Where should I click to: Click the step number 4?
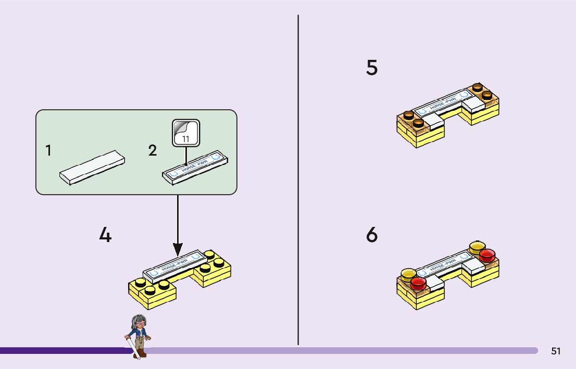coord(105,236)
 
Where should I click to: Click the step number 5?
coord(372,68)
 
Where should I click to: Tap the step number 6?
coord(372,235)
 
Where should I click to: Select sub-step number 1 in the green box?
coord(48,151)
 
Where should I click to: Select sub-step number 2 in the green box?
coord(152,151)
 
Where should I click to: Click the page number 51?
coord(556,351)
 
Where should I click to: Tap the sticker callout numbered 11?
coord(186,133)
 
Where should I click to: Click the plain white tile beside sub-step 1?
coord(92,167)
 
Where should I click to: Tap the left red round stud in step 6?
coord(418,283)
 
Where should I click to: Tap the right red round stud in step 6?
coord(487,255)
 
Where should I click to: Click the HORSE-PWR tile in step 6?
coord(441,265)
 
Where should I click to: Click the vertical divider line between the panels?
coord(298,177)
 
